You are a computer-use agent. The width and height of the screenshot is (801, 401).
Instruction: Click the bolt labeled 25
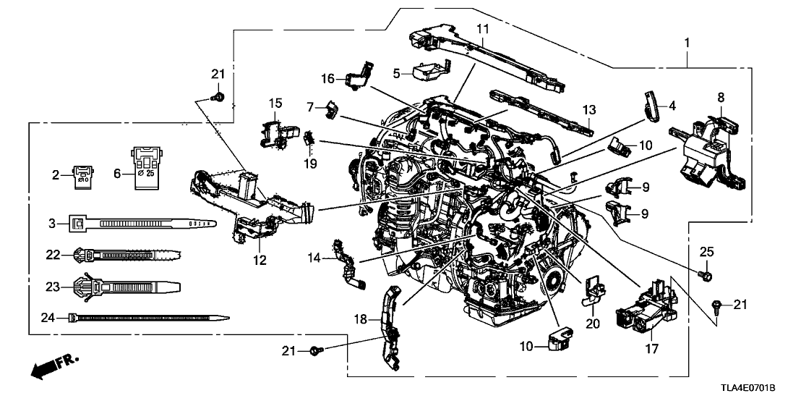[708, 275]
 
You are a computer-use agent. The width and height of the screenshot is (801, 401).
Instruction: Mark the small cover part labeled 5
[429, 72]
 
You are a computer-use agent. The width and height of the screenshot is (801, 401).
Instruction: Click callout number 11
[482, 29]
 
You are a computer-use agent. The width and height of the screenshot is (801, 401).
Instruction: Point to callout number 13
[589, 110]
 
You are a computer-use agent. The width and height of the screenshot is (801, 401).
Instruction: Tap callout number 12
[260, 259]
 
